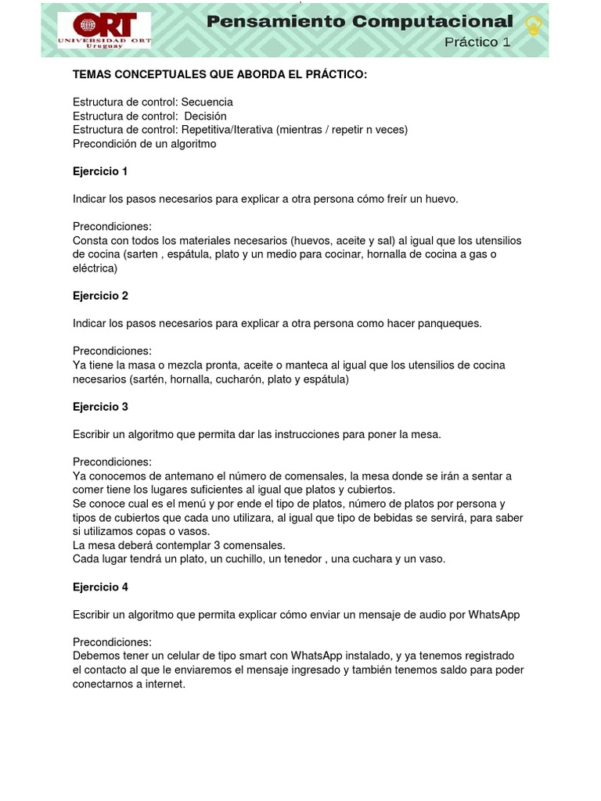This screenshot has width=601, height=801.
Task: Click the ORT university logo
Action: [104, 31]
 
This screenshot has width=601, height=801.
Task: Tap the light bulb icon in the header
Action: [534, 26]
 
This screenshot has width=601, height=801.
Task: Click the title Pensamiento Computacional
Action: [360, 22]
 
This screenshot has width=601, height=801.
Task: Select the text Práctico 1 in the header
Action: [477, 42]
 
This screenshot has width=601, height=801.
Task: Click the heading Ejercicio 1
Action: [100, 171]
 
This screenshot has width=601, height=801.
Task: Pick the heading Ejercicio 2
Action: [100, 296]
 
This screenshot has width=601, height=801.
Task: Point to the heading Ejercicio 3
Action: [100, 407]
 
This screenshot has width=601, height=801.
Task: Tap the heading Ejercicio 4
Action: [100, 587]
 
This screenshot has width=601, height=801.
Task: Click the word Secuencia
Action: [207, 102]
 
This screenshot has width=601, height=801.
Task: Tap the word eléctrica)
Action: [95, 268]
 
